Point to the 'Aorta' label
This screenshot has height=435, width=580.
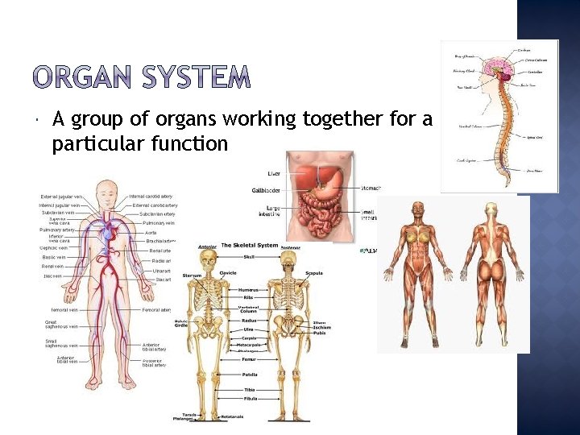point(151,232)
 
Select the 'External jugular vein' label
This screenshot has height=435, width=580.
point(61,197)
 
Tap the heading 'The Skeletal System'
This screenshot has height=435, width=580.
point(249,245)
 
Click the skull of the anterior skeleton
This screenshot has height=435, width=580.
point(208,259)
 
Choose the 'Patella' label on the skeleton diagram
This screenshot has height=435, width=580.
point(249,374)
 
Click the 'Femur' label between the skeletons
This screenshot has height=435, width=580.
point(249,359)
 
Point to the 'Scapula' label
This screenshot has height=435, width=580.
point(313,273)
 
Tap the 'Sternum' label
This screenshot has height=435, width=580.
point(192,275)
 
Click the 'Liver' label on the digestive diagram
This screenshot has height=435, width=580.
point(275,173)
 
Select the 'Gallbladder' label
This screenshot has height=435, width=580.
point(266,191)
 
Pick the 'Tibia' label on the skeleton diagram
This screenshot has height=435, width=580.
point(249,390)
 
